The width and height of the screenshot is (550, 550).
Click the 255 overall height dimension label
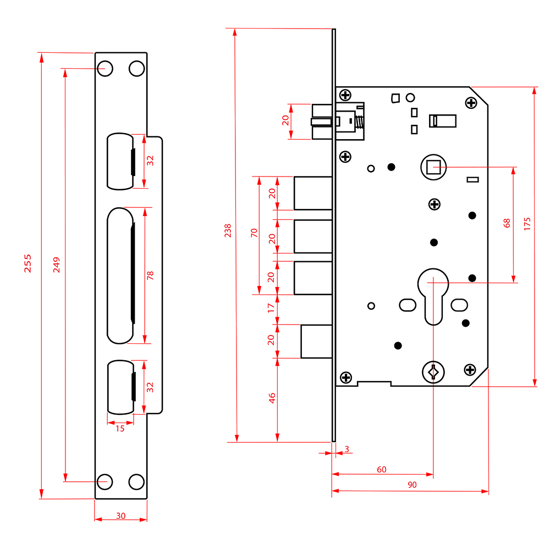pos(28,263)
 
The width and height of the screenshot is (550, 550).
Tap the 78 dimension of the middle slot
pos(151,275)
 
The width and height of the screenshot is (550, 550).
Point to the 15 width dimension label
pos(120,428)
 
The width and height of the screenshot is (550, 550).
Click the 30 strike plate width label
pos(120,515)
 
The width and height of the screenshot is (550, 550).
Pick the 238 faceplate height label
pos(228,230)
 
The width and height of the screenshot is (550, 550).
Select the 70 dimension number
pos(254,232)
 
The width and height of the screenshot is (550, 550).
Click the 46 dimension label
pos(271,398)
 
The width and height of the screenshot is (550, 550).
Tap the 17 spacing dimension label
pos(271,309)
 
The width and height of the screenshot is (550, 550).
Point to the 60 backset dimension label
pos(381,469)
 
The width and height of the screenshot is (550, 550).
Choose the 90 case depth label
pos(412,485)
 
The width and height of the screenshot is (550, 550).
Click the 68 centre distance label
pos(507,223)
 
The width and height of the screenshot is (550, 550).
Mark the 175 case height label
pos(527,224)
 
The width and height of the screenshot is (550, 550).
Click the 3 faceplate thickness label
pos(346,449)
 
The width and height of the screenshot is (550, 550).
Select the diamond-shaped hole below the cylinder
pos(433,372)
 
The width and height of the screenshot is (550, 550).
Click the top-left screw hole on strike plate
pos(105,69)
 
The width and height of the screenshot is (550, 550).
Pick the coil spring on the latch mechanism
pos(360,122)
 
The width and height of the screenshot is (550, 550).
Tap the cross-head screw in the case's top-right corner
pos(471,102)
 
